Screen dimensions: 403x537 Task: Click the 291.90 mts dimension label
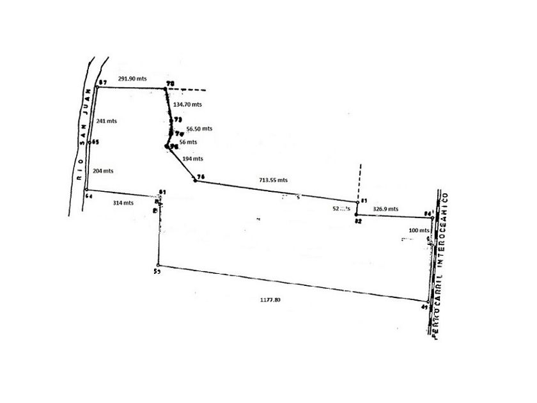[x=132, y=79]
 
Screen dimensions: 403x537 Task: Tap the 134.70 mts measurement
[x=188, y=104]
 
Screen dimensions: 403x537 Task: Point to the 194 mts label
[x=193, y=159]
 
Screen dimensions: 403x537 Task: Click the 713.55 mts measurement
[x=273, y=180]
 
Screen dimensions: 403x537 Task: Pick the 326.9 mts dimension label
[x=385, y=209]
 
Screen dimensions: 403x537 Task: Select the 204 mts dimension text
[x=103, y=171]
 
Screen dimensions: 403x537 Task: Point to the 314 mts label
[x=123, y=203]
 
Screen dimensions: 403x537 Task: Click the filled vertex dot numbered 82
[x=356, y=214]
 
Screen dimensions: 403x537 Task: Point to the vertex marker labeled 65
[x=90, y=143]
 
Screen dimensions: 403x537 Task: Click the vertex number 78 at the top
[x=170, y=84]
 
